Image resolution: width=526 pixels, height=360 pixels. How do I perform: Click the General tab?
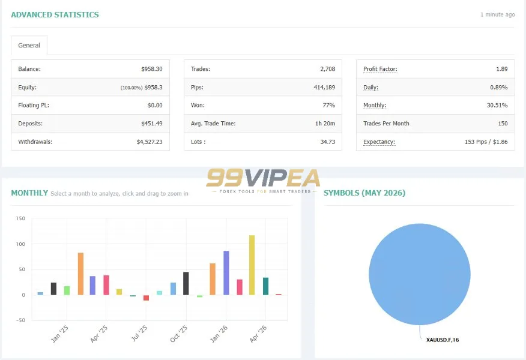pyautogui.click(x=29, y=45)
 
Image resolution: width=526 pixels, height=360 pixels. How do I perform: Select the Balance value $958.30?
pyautogui.click(x=152, y=69)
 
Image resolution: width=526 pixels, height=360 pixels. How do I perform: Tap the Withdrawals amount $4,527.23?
pyautogui.click(x=150, y=142)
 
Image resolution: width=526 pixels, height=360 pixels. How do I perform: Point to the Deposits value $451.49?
pyautogui.click(x=152, y=124)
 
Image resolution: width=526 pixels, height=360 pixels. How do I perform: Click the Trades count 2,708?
pyautogui.click(x=328, y=69)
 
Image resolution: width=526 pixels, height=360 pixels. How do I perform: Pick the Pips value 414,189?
pyautogui.click(x=324, y=87)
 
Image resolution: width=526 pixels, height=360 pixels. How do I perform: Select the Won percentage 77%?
pyautogui.click(x=329, y=105)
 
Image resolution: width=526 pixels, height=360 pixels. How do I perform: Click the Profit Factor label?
pyautogui.click(x=380, y=69)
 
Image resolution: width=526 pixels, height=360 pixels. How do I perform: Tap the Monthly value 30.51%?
pyautogui.click(x=497, y=105)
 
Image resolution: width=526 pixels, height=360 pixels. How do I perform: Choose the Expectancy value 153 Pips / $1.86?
pyautogui.click(x=486, y=142)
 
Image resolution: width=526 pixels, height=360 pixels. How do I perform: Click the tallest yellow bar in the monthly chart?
pyautogui.click(x=252, y=265)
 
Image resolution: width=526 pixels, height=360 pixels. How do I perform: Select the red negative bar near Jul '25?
pyautogui.click(x=147, y=298)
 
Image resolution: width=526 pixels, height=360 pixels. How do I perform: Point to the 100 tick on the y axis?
pyautogui.click(x=20, y=244)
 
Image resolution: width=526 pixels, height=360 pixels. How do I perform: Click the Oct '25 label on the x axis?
pyautogui.click(x=179, y=334)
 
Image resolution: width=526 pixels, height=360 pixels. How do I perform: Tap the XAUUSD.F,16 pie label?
pyautogui.click(x=443, y=340)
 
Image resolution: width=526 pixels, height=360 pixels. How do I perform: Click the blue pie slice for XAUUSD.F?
pyautogui.click(x=420, y=274)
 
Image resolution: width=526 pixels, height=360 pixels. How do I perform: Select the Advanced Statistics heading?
pyautogui.click(x=55, y=15)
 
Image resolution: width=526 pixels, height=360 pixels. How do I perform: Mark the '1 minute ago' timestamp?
pyautogui.click(x=498, y=14)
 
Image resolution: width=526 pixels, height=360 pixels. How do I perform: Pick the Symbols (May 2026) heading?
pyautogui.click(x=364, y=193)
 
